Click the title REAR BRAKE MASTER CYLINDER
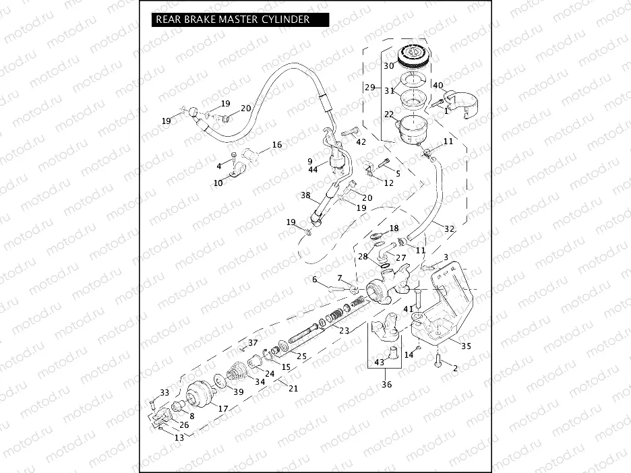[233, 20]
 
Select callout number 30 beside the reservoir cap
[389, 66]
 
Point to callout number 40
[438, 86]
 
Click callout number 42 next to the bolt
[361, 141]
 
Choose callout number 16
[276, 145]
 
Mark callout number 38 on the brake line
[305, 195]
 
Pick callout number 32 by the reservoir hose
[449, 229]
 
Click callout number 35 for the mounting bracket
[465, 346]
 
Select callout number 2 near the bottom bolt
[454, 368]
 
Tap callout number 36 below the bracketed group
[386, 385]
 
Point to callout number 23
[344, 330]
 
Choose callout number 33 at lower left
[164, 392]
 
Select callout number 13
[179, 437]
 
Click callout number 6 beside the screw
[314, 280]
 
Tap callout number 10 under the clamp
[218, 183]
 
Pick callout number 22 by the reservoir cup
[389, 115]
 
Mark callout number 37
[253, 342]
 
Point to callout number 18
[394, 228]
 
